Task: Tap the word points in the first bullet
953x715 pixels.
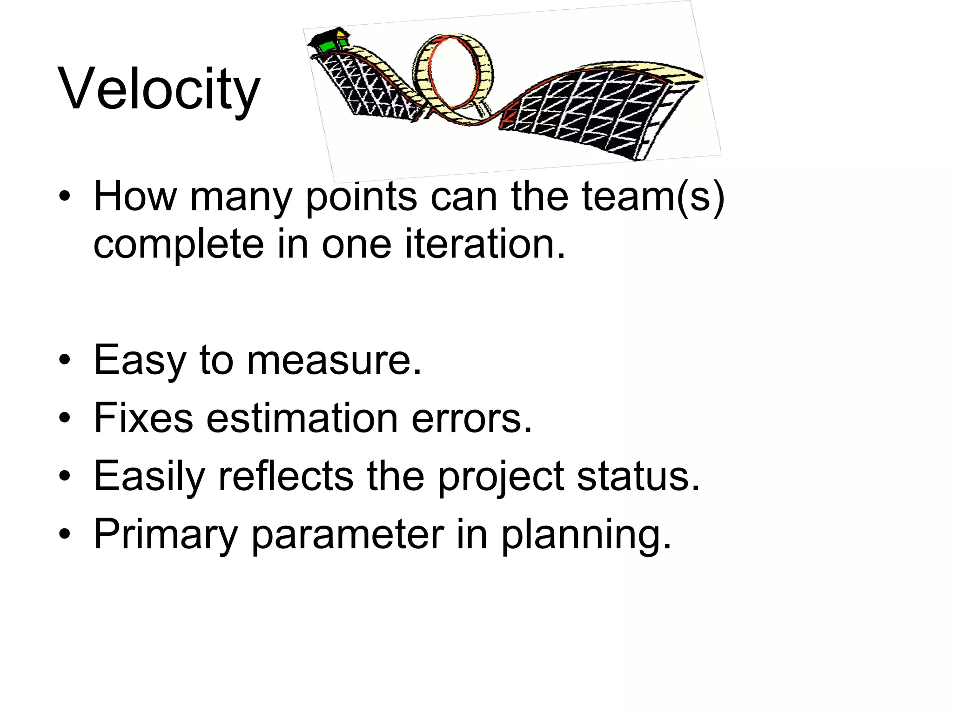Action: [361, 197]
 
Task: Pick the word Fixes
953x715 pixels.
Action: [143, 418]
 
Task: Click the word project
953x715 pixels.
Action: [501, 477]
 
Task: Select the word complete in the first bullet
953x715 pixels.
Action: [179, 245]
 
